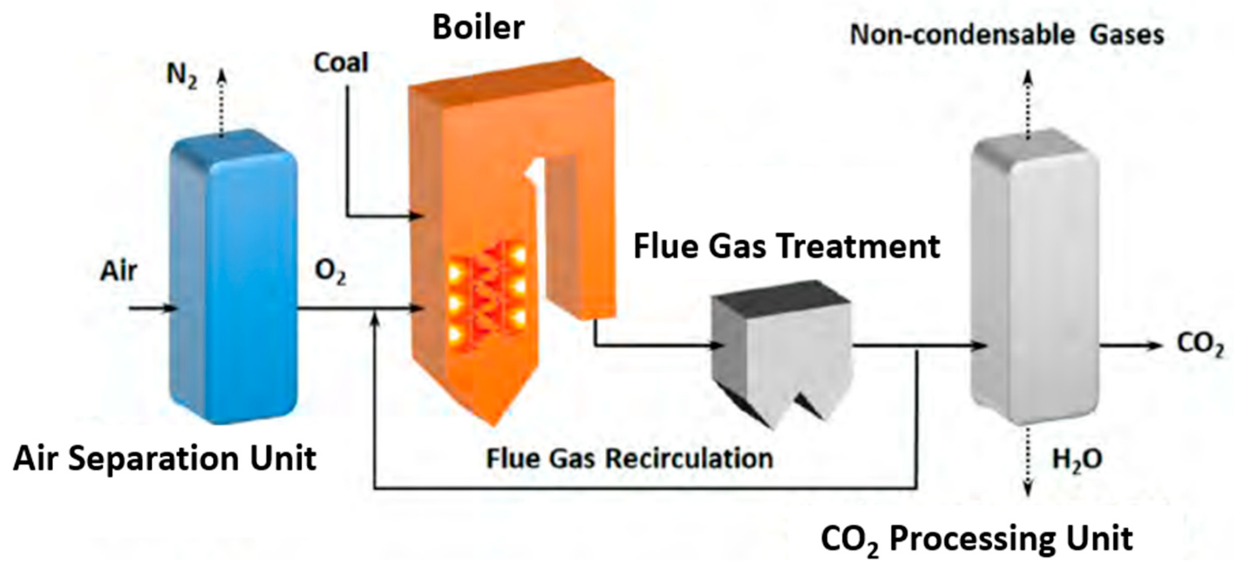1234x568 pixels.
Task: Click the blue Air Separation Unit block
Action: [235, 278]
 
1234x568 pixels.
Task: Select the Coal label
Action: [341, 63]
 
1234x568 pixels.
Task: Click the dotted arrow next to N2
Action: [221, 103]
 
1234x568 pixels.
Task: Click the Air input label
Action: [118, 271]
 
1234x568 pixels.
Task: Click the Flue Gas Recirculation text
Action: [630, 458]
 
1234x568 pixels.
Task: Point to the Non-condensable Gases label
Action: [1006, 35]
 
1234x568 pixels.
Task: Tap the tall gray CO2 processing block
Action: [1035, 278]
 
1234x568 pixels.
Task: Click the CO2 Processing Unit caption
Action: [976, 539]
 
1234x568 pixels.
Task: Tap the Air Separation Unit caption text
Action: [164, 458]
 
